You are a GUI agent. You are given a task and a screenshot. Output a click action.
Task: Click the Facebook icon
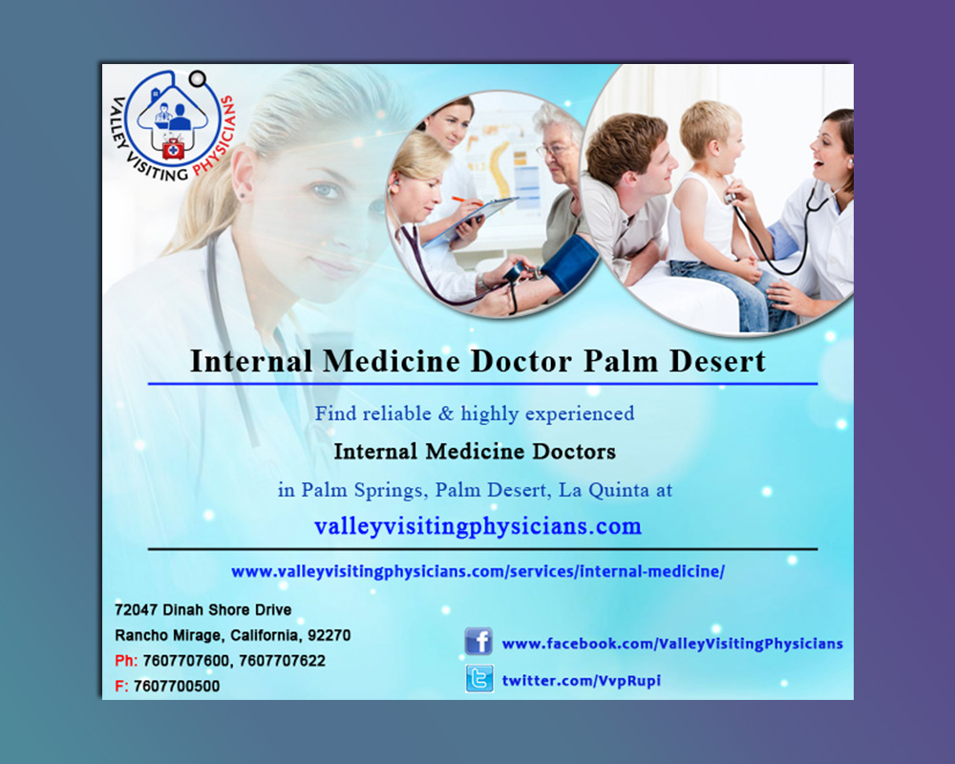tap(478, 641)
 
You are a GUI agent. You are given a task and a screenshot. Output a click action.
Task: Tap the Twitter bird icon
tap(479, 678)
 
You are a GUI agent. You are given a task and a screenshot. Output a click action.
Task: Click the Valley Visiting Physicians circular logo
tap(173, 126)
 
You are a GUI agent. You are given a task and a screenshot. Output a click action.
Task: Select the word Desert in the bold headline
tap(717, 361)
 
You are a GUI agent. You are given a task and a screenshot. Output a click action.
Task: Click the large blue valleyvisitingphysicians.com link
tap(478, 525)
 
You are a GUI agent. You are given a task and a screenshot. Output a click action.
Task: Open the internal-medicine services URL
tap(478, 571)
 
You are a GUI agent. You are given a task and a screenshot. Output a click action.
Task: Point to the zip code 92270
tap(329, 635)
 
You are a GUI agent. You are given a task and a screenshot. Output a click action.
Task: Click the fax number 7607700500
tap(177, 686)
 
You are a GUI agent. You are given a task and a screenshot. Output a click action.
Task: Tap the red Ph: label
tap(126, 661)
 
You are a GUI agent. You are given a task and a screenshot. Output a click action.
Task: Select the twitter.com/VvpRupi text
tap(581, 681)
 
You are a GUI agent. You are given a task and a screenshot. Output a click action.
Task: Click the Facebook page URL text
tap(672, 644)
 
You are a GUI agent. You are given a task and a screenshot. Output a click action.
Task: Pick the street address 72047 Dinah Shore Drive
tap(202, 610)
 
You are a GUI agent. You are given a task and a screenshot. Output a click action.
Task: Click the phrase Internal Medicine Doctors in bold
tap(475, 452)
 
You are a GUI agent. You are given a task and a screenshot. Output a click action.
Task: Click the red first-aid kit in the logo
tap(173, 149)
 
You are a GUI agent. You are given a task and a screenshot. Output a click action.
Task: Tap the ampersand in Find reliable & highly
tap(446, 414)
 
